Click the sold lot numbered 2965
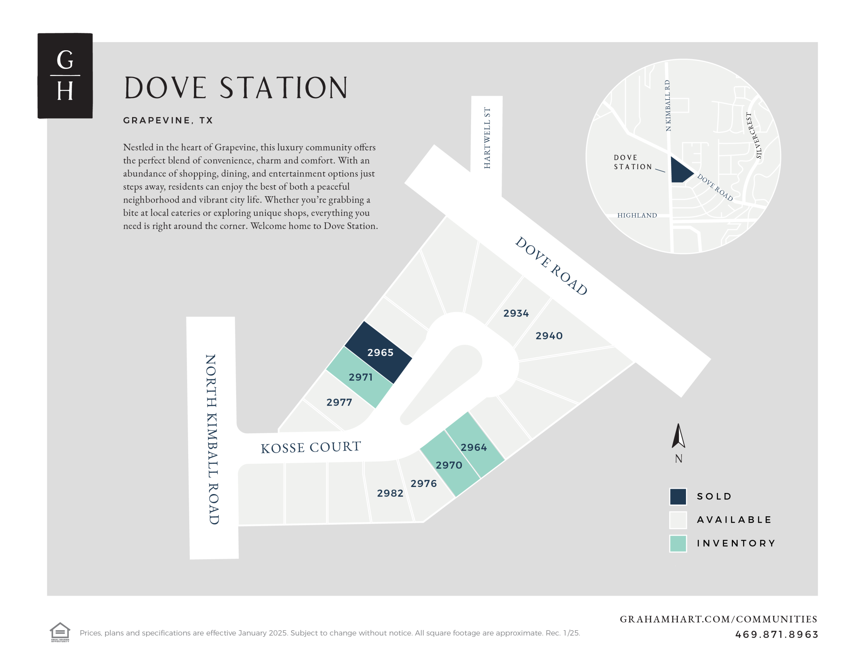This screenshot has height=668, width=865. (379, 353)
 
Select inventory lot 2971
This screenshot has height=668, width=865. (360, 377)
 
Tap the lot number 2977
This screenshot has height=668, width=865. (339, 402)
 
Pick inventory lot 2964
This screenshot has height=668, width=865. (474, 447)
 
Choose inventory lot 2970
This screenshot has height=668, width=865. (449, 465)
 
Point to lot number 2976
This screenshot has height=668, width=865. (423, 484)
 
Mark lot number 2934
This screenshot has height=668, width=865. (516, 313)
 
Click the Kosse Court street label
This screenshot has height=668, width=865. (311, 447)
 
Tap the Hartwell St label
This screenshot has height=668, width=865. (487, 138)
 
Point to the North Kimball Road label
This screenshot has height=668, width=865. (212, 439)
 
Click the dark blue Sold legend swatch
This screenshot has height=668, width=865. (678, 496)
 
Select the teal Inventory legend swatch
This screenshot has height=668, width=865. (678, 543)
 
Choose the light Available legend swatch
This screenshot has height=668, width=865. (678, 520)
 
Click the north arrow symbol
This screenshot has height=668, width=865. (678, 436)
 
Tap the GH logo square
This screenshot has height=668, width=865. (65, 76)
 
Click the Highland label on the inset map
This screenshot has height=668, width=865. (637, 215)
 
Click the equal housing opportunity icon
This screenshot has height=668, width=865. (60, 632)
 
